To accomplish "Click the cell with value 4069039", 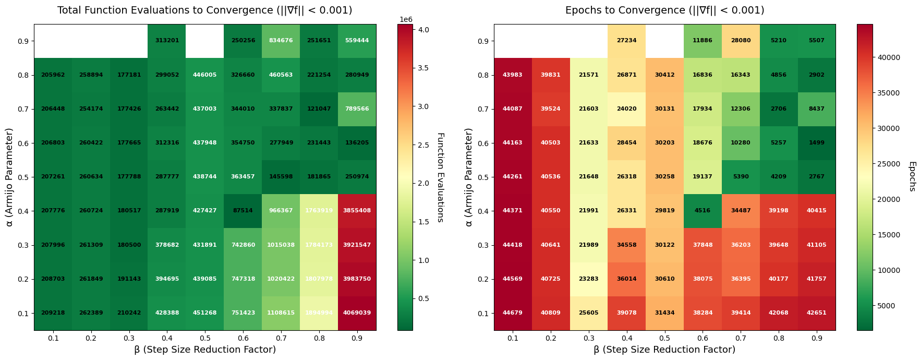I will (x=357, y=313).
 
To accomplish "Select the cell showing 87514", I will (x=243, y=211).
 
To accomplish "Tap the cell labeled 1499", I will (x=817, y=143).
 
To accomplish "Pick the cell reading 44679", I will (x=513, y=313).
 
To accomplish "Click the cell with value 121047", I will (x=319, y=109).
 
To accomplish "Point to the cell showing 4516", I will (x=703, y=211).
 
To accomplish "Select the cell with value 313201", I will (x=167, y=41).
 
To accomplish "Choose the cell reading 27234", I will (x=626, y=41).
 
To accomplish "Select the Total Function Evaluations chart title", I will (x=204, y=10).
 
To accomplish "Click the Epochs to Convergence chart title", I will (x=664, y=10).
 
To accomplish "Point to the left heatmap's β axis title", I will (x=204, y=350).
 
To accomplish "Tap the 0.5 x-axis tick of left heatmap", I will (x=205, y=338).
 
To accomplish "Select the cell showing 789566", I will (x=357, y=109).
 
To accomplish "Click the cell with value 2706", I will (x=779, y=109).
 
